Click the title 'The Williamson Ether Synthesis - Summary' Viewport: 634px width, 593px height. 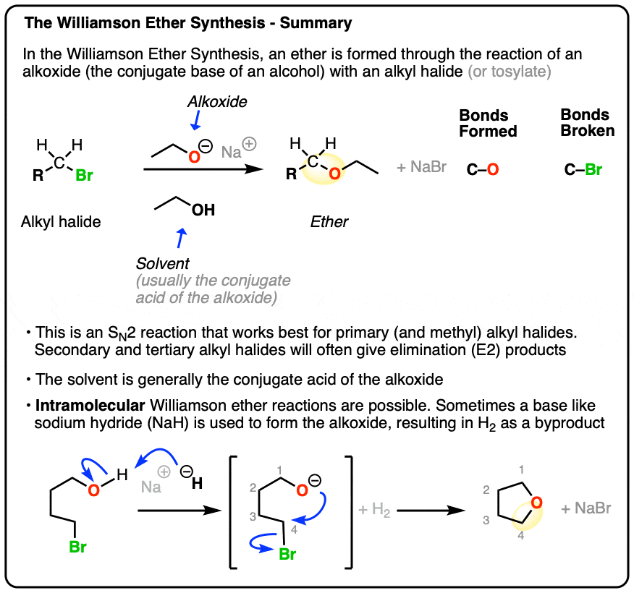click(x=188, y=24)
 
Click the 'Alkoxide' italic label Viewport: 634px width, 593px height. click(x=216, y=102)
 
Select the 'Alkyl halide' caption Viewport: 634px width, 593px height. click(x=61, y=222)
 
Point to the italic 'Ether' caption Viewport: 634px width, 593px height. click(x=329, y=222)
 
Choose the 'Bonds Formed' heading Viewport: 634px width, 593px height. click(x=488, y=124)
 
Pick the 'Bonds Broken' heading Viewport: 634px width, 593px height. click(x=587, y=123)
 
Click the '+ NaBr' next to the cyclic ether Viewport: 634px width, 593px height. click(x=586, y=508)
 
